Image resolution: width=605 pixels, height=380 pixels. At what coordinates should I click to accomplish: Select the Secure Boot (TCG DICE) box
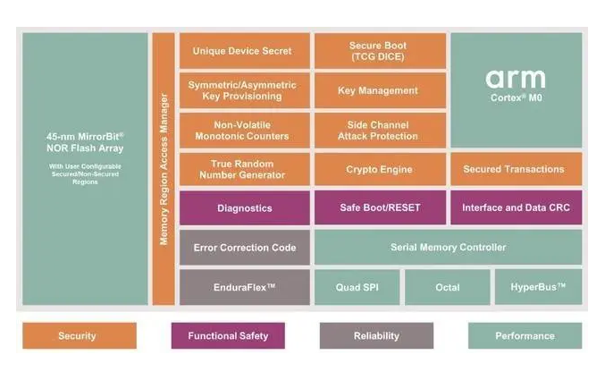[x=379, y=51]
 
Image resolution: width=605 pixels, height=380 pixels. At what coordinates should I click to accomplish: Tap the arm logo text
[x=515, y=79]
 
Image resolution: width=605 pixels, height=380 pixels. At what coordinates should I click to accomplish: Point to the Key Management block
[x=379, y=90]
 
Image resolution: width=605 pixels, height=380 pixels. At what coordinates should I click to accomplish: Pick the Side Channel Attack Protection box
[x=379, y=130]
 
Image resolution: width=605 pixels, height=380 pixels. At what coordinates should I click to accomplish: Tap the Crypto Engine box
[x=379, y=169]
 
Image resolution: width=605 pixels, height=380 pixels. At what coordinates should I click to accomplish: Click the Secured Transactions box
[x=515, y=169]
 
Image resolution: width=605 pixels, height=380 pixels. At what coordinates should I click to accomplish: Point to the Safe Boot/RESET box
[x=379, y=207]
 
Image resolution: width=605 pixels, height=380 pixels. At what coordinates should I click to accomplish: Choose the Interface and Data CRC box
[x=515, y=207]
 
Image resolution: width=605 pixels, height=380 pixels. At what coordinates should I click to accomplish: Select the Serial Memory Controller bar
[x=448, y=247]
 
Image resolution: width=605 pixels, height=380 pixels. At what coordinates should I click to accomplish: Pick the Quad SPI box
[x=357, y=287]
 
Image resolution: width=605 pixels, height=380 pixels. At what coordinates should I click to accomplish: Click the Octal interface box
[x=447, y=287]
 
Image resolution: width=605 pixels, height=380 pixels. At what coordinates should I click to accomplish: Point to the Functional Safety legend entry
[x=228, y=336]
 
